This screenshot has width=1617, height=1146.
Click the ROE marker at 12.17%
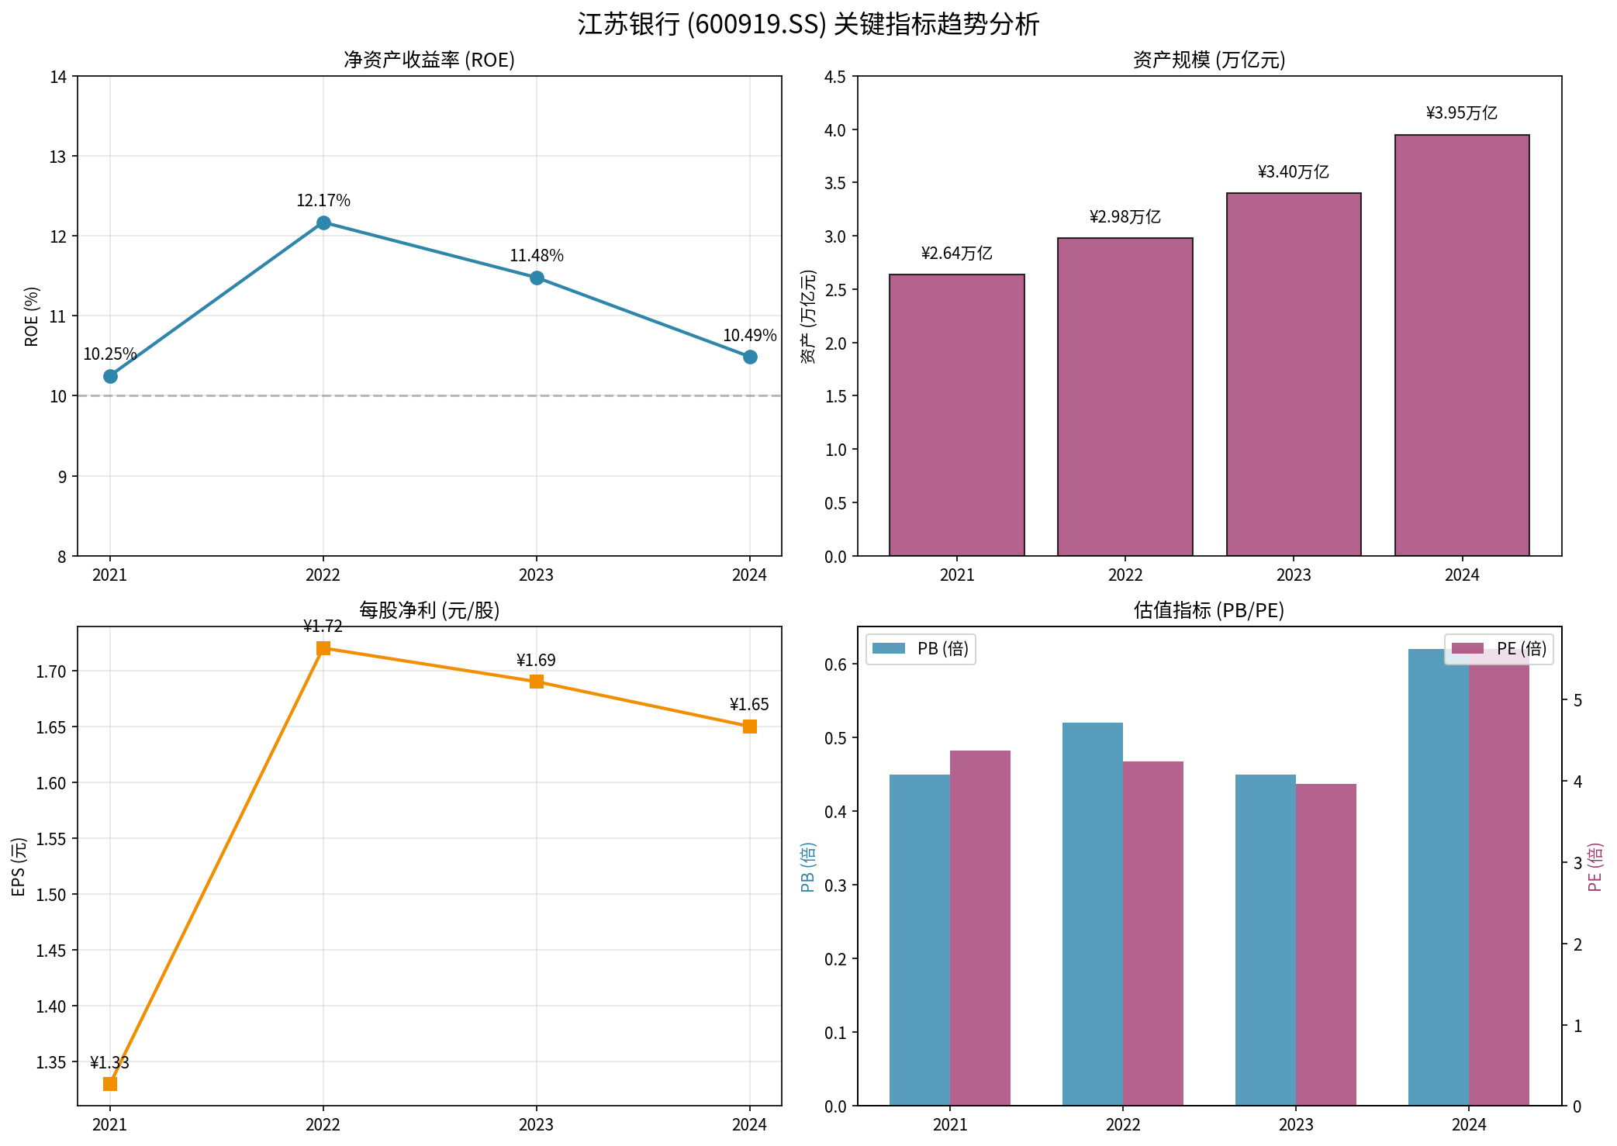pos(323,223)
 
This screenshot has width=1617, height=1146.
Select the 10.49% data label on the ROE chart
pos(749,335)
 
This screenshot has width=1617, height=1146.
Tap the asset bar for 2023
pos(1293,375)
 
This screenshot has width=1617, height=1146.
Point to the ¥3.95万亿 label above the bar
pos(1461,113)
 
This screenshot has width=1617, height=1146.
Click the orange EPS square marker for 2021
pos(110,1083)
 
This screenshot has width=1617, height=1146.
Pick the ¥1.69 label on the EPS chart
pos(536,660)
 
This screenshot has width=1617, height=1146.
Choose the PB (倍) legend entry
pos(921,649)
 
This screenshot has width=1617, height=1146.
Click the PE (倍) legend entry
pos(1498,649)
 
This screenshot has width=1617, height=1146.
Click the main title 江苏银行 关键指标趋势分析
pos(808,24)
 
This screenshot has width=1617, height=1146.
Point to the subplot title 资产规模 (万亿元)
pos(1208,60)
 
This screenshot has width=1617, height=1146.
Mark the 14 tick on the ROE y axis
pos(58,76)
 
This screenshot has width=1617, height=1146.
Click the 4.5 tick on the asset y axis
pos(835,76)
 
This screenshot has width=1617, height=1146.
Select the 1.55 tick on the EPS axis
pos(51,838)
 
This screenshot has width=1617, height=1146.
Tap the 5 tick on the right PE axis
pos(1577,700)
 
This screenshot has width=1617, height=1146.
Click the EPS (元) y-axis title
pos(19,866)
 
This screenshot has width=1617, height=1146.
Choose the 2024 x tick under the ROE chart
pos(749,575)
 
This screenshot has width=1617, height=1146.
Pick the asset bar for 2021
pos(956,415)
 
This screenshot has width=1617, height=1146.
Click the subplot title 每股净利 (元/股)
pos(429,610)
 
